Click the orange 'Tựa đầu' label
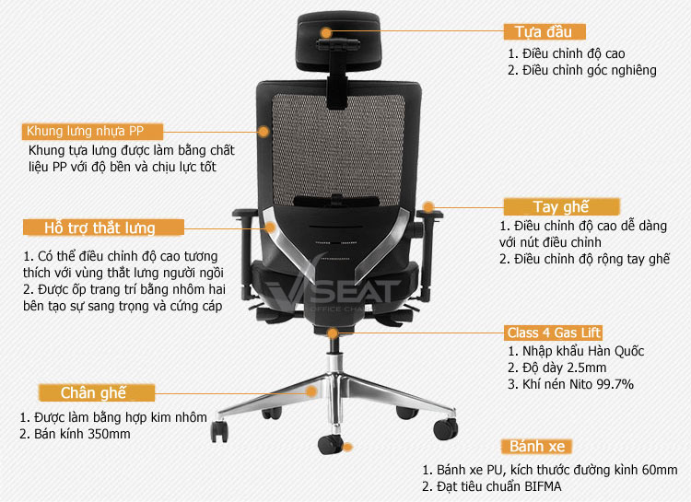545,31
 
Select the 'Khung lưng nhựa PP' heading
92,132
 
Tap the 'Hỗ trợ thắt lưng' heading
103,228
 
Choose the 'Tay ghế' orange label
561,206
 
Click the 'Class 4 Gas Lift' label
553,333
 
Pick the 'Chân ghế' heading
97,392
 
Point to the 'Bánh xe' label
537,447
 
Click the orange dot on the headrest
325,32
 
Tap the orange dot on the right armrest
428,206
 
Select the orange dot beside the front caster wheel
347,448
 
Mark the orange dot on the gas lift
333,333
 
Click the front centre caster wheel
330,444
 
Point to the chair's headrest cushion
338,41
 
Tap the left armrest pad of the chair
245,214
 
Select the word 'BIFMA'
543,486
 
